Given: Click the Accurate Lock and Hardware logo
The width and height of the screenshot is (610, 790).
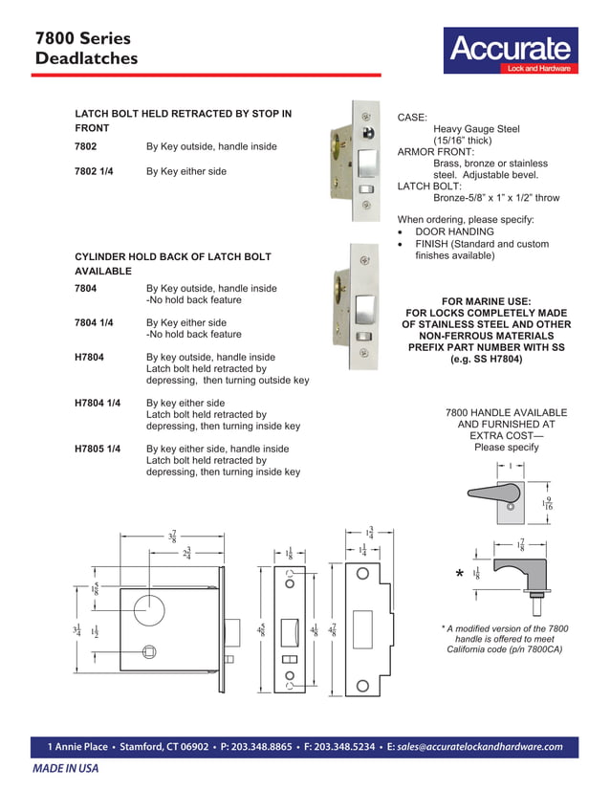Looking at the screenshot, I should coord(509,52).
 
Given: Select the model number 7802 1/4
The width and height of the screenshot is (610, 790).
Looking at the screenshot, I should coord(94,171).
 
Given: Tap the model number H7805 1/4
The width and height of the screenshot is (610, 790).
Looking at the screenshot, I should coord(98,449).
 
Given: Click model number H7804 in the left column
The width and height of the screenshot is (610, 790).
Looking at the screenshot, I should coord(89,357).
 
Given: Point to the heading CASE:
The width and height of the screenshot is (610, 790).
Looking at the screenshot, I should coord(413,117).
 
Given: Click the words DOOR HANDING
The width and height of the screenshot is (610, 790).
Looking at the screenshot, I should coord(454,231).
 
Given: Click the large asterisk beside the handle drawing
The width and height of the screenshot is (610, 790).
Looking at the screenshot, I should coord(460,575).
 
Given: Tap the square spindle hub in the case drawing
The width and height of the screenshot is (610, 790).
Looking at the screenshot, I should coord(149,652).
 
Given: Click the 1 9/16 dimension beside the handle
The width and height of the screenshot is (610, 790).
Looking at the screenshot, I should coord(547,504).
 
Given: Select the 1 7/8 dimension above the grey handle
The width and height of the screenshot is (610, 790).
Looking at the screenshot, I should coord(520,545).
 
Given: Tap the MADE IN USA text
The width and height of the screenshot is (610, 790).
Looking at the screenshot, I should coord(66,768).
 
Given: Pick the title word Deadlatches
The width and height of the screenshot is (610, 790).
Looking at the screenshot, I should coord(86,59).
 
